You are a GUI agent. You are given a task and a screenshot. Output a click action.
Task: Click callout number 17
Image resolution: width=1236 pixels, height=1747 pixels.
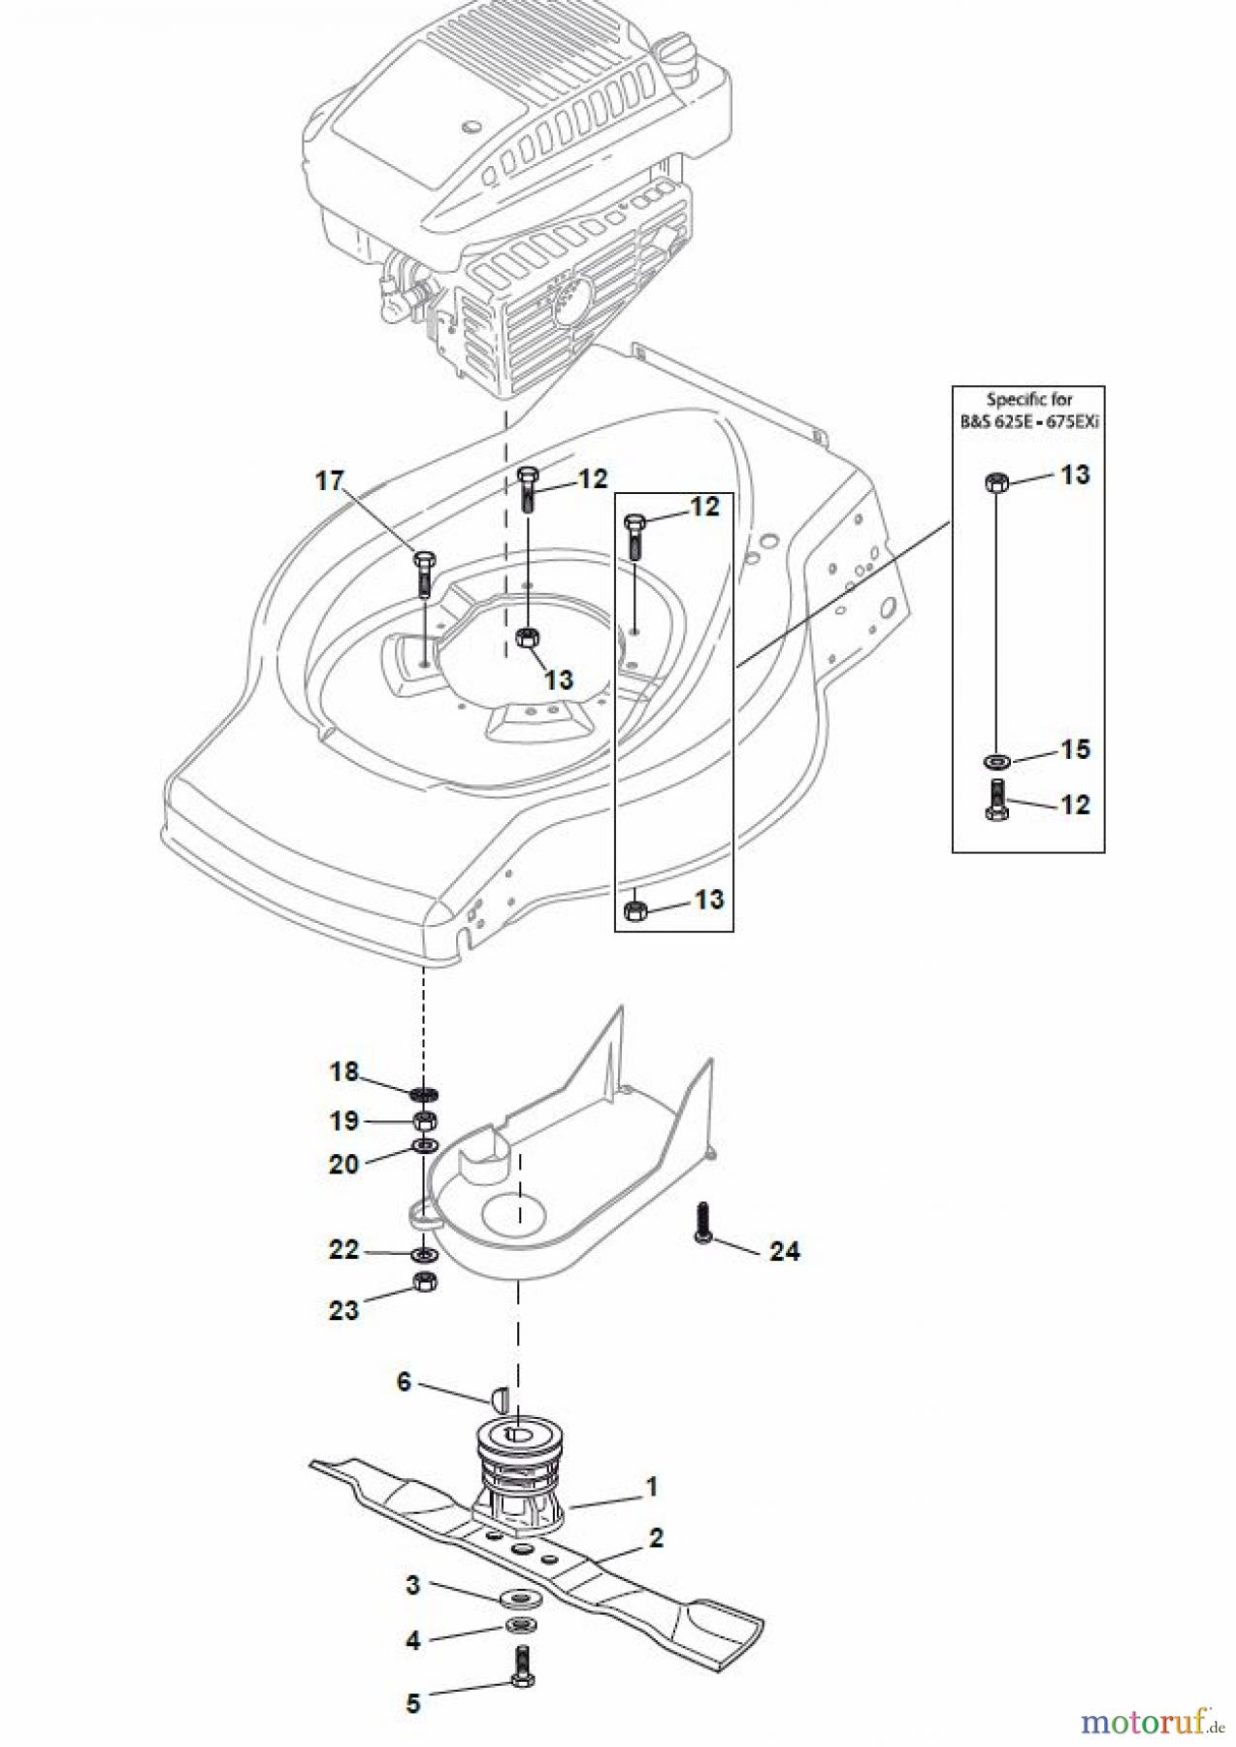330,480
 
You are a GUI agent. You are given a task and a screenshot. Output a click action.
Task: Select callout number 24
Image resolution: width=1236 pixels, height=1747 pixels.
784,1252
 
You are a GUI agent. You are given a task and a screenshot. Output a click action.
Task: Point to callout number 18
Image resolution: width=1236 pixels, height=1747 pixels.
343,1071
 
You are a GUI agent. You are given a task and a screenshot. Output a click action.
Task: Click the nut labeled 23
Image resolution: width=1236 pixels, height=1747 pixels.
423,1282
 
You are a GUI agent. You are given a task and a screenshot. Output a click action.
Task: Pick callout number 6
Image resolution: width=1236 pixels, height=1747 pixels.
405,1381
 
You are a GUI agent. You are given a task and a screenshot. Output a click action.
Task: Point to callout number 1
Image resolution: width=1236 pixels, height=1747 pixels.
652,1486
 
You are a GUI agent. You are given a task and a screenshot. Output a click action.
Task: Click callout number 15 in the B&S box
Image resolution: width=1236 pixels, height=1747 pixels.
1075,749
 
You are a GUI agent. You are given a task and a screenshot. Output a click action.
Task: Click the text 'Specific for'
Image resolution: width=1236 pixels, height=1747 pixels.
1028,399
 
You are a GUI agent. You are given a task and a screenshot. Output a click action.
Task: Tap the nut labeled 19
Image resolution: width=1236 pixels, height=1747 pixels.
424,1121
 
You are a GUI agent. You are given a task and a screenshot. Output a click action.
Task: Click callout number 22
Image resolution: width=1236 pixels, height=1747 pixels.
343,1249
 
